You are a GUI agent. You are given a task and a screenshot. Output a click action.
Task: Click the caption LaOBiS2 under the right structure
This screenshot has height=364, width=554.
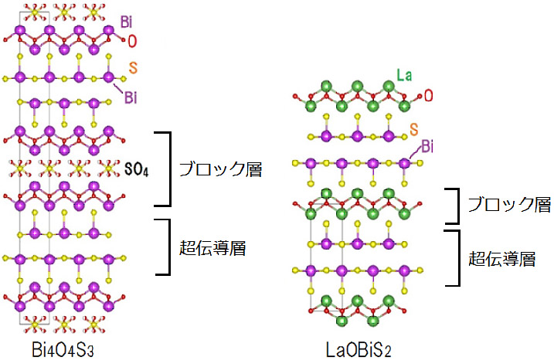[361, 350]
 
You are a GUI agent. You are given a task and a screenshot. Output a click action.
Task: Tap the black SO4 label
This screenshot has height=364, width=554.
[135, 168]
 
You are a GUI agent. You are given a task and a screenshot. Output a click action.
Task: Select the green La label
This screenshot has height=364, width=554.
[403, 76]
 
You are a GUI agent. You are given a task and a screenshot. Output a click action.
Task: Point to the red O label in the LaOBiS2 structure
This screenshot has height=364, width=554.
[428, 96]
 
